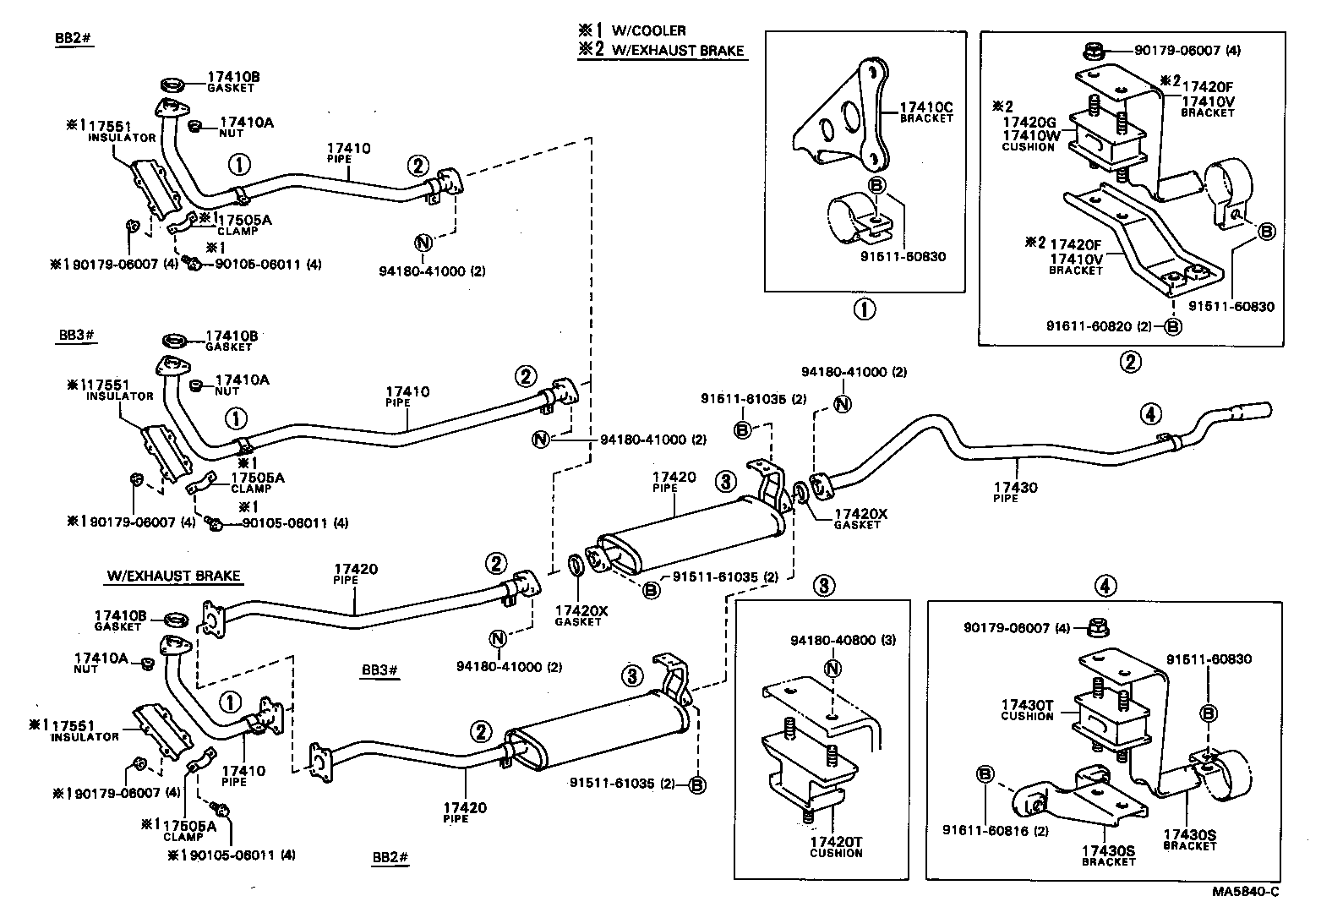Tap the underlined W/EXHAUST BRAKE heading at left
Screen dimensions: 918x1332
(x=173, y=576)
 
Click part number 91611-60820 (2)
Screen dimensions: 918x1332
(x=1098, y=326)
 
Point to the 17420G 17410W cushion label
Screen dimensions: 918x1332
(x=1028, y=129)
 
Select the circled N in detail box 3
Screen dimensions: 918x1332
(x=832, y=669)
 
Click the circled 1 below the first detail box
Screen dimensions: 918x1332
(x=864, y=309)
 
